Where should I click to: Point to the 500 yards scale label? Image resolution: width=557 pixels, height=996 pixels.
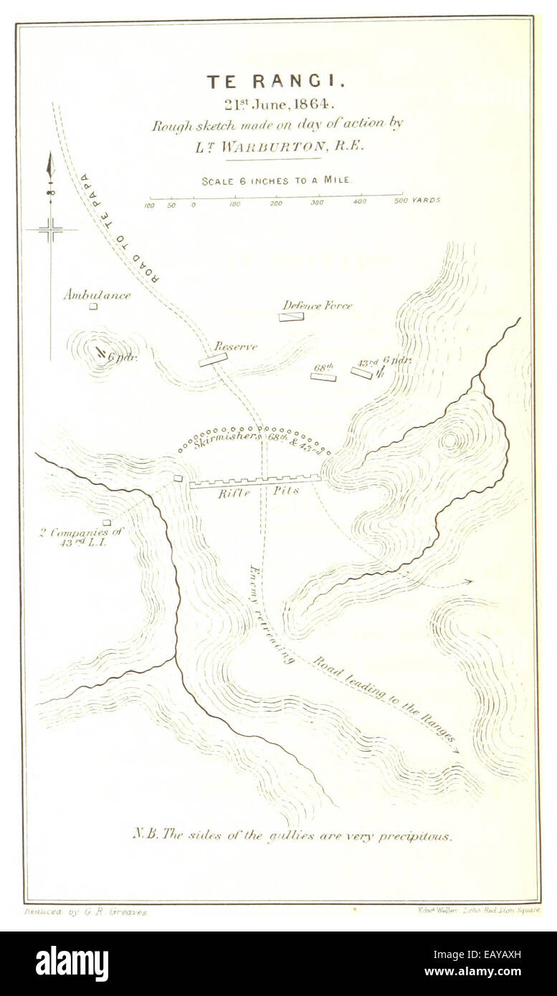coord(420,201)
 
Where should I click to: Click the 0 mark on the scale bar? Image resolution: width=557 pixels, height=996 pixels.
coord(193,205)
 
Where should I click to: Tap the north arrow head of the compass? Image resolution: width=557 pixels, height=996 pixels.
coord(50,166)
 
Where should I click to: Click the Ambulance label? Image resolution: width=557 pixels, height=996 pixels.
coord(96,295)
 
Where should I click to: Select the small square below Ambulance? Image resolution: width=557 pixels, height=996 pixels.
coord(92,307)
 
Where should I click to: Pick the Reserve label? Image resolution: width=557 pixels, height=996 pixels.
coord(236,347)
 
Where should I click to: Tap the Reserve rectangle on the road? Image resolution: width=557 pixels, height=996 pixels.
coord(213,360)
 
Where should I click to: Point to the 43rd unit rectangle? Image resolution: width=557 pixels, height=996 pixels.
coord(361,373)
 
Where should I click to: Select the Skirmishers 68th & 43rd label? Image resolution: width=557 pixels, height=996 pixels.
coord(255,439)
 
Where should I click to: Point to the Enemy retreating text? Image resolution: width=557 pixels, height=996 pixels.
coord(270,614)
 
